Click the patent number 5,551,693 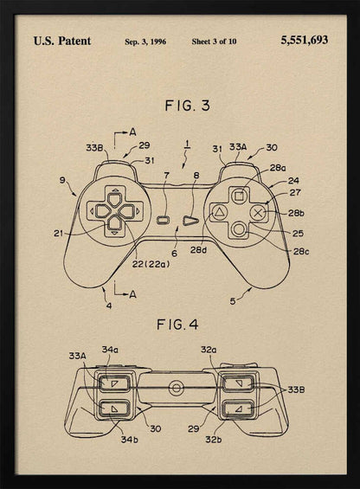tap(304, 40)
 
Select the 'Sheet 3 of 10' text tap(214, 41)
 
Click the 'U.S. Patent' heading tap(62, 40)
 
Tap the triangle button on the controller tap(220, 210)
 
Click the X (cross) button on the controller tap(257, 209)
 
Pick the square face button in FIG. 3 tap(239, 193)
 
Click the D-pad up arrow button tap(113, 194)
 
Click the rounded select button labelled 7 tap(164, 220)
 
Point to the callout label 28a tap(278, 167)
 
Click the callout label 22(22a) tap(151, 263)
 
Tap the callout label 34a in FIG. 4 tap(110, 349)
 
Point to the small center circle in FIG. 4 tap(177, 386)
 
